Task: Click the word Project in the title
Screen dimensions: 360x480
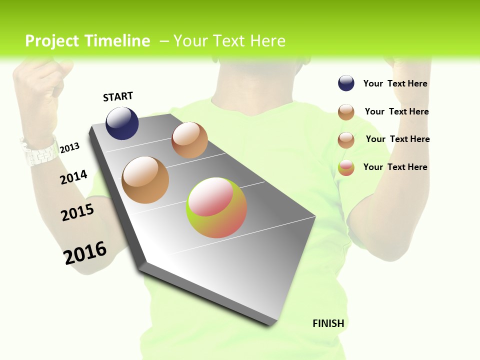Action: point(52,41)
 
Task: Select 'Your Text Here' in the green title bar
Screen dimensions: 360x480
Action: point(229,41)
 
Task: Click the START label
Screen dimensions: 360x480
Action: point(118,96)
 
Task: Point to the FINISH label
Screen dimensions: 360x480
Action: point(328,323)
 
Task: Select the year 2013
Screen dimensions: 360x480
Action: point(69,148)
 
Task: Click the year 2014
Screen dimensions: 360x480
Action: point(73,177)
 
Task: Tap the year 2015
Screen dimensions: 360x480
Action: point(77,212)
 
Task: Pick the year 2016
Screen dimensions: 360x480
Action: point(85,253)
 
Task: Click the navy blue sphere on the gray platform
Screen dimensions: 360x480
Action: point(122,123)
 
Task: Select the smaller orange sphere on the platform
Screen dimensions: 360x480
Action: point(189,140)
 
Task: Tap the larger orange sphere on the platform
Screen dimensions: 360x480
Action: point(145,180)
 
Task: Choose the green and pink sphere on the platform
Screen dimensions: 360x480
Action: point(216,207)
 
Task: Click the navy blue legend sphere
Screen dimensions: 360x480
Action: point(346,83)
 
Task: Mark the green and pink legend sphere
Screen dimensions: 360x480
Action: point(346,167)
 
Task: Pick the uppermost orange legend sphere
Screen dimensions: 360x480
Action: point(346,112)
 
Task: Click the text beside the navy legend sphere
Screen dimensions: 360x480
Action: point(395,83)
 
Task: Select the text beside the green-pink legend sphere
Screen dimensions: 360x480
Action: point(395,167)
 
